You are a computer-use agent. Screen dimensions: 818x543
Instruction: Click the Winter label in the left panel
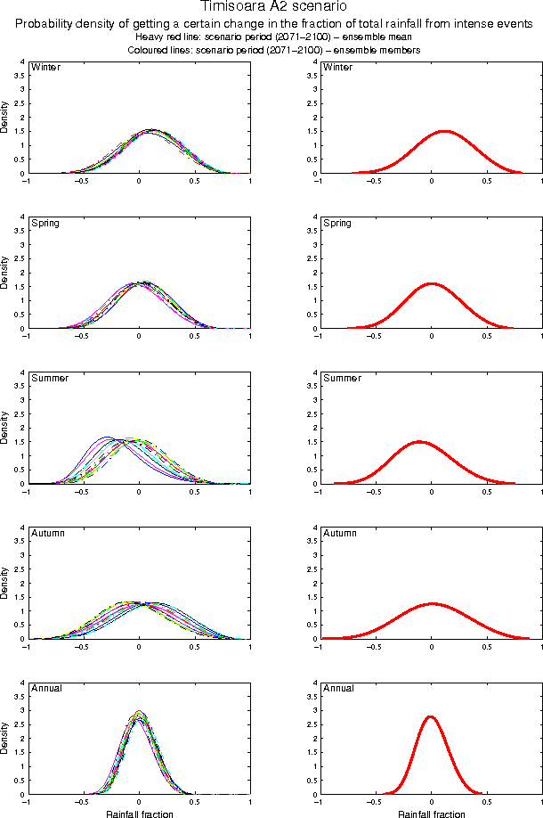pyautogui.click(x=45, y=68)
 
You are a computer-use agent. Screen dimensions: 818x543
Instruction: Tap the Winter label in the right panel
pyautogui.click(x=338, y=68)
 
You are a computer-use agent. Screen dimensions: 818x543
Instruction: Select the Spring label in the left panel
pyautogui.click(x=45, y=223)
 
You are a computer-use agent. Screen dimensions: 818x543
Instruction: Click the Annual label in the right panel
pyautogui.click(x=339, y=688)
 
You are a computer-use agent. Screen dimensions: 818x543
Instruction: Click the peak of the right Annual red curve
pyautogui.click(x=431, y=716)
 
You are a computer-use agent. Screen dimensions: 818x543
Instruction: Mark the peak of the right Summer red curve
pyautogui.click(x=418, y=441)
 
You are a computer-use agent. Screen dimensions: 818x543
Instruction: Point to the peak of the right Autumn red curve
pyautogui.click(x=433, y=603)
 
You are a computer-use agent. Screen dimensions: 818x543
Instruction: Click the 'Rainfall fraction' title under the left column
pyautogui.click(x=140, y=814)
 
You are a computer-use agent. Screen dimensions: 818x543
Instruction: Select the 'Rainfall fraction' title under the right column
pyautogui.click(x=431, y=814)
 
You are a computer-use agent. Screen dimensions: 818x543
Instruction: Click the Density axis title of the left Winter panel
pyautogui.click(x=5, y=119)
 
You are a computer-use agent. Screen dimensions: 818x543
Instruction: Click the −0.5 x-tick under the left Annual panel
pyautogui.click(x=81, y=802)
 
